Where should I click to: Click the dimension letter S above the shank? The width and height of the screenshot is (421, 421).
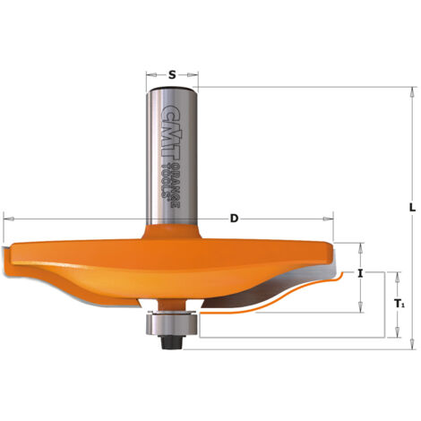pyautogui.click(x=172, y=74)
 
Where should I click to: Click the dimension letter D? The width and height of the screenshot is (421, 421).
pyautogui.click(x=235, y=219)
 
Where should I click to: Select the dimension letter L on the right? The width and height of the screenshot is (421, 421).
pyautogui.click(x=412, y=208)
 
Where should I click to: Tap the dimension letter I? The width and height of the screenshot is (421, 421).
pyautogui.click(x=360, y=273)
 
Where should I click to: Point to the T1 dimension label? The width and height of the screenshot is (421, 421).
pyautogui.click(x=400, y=304)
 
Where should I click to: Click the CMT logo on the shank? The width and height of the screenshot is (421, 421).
pyautogui.click(x=172, y=133)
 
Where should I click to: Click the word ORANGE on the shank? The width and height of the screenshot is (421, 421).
pyautogui.click(x=176, y=185)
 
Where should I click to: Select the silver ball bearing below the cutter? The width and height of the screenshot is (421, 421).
pyautogui.click(x=171, y=323)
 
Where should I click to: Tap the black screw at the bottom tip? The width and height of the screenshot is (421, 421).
pyautogui.click(x=171, y=342)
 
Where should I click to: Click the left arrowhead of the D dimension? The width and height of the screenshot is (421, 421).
pyautogui.click(x=8, y=219)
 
